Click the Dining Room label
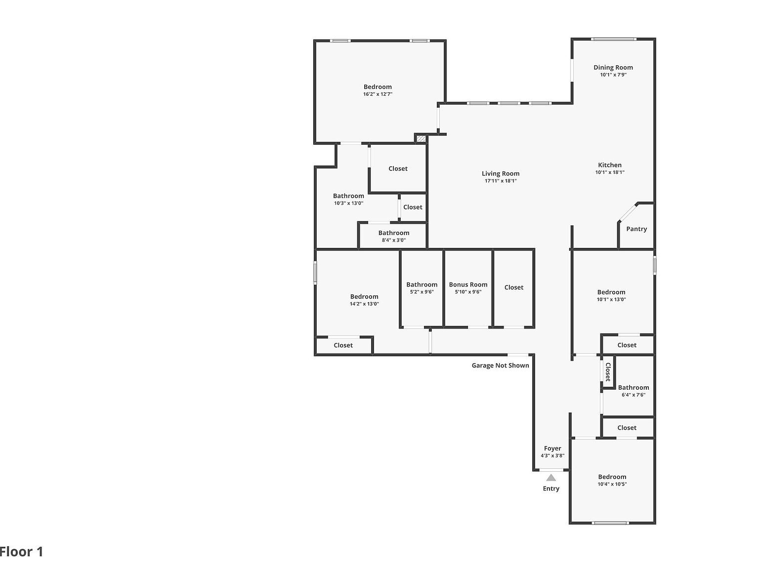pos(613,68)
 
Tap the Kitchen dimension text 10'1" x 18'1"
pos(610,172)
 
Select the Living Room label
pos(501,173)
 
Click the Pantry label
pos(636,229)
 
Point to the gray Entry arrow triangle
pos(551,478)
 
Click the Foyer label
pos(552,448)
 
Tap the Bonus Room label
pos(468,284)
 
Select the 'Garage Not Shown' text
pos(500,366)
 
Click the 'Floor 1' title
pos(22,552)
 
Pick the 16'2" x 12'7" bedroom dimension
pos(378,94)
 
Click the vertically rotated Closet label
pos(608,372)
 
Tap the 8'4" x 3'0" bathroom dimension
pos(393,240)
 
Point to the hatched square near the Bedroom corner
pos(421,139)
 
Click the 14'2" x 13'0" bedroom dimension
pos(364,304)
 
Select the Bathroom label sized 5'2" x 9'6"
pos(422,284)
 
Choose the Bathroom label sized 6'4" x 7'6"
pos(633,388)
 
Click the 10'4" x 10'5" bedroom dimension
pos(612,484)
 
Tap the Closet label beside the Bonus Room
pos(514,287)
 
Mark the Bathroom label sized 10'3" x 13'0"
pos(348,196)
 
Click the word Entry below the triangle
pos(551,488)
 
